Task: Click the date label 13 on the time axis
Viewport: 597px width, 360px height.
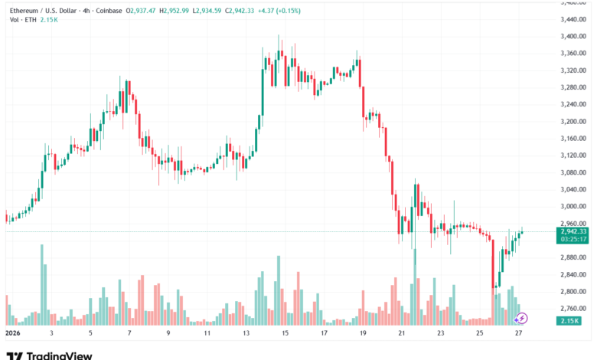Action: click(246, 334)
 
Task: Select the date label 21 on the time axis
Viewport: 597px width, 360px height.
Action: click(402, 334)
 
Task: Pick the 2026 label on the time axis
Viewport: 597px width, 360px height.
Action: click(13, 334)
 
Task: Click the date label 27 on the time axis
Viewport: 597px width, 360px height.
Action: click(518, 334)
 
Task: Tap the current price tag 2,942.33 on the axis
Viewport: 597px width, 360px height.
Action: click(573, 231)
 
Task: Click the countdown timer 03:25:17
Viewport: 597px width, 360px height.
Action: click(573, 239)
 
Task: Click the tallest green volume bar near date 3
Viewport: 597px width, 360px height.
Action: click(42, 283)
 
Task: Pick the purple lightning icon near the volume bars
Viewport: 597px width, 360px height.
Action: click(523, 317)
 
